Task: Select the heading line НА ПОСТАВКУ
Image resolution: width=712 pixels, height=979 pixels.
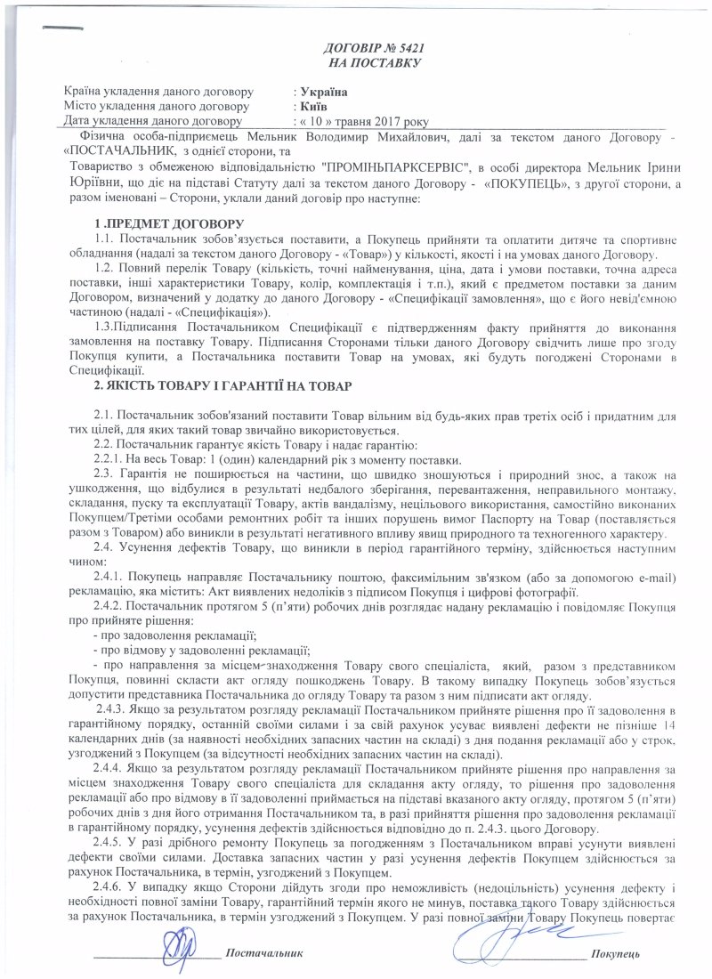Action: [373, 62]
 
